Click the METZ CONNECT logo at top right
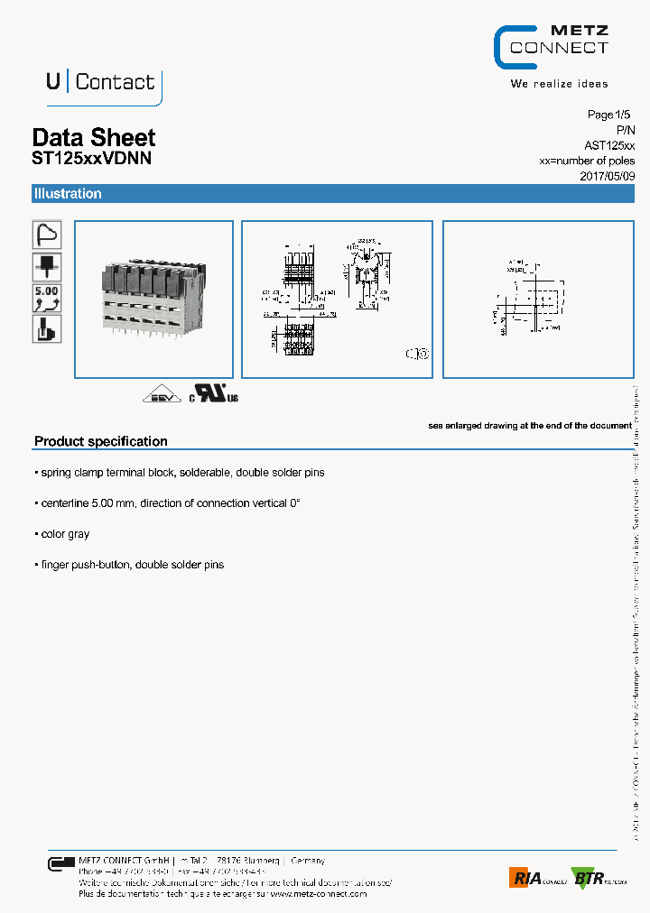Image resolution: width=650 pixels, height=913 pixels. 551,47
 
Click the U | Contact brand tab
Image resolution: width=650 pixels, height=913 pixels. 100,82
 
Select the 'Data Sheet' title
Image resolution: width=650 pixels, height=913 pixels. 94,137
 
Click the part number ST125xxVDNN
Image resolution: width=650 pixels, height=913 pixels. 91,158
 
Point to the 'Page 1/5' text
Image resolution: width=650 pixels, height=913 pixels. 611,115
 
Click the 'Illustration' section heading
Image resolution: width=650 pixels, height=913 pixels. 68,194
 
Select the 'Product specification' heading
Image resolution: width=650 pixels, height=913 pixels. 101,441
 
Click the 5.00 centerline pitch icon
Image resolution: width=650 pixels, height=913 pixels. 47,298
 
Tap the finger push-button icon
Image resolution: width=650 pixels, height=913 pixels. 47,329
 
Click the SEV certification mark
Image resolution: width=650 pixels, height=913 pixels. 161,395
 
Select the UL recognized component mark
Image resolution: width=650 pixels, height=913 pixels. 213,395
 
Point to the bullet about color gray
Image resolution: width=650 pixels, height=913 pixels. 63,534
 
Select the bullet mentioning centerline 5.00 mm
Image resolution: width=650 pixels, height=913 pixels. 168,503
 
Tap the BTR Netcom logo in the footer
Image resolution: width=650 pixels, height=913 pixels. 598,877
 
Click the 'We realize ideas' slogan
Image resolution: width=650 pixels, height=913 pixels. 559,84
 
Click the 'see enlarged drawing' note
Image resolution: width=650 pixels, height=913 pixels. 529,425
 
